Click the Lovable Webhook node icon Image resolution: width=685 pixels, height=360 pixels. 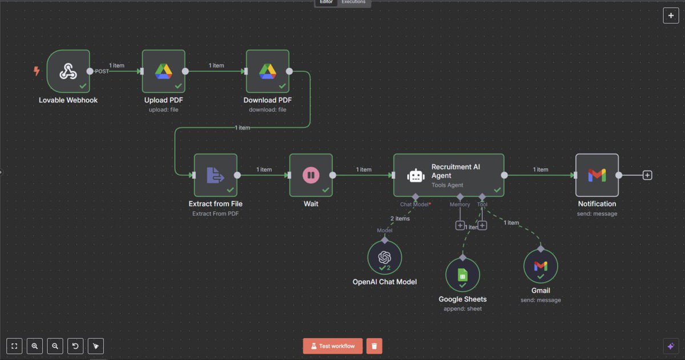[68, 71]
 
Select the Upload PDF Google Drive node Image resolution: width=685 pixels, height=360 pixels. [164, 71]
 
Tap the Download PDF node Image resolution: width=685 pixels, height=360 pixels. [268, 71]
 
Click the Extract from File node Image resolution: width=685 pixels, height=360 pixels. [215, 175]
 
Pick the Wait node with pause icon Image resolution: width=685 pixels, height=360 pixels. [311, 175]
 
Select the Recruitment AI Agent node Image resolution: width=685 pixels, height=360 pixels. [449, 175]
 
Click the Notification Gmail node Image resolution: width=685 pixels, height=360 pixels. [597, 175]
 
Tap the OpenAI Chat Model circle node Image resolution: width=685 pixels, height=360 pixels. [385, 257]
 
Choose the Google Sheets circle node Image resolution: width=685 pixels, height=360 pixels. [462, 275]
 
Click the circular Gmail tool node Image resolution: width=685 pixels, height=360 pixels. [541, 266]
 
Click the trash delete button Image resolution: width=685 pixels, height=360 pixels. [374, 346]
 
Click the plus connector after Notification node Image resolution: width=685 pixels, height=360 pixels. [647, 175]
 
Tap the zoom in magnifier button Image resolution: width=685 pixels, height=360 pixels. [35, 346]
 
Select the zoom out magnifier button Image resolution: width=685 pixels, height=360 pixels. [55, 346]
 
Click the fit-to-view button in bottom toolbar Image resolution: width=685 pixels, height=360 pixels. [14, 346]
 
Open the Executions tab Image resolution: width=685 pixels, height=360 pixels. [353, 2]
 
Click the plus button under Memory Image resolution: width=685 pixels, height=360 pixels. [460, 225]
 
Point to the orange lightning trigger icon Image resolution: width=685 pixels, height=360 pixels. [37, 71]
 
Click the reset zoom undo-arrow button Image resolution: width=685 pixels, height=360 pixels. [75, 346]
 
